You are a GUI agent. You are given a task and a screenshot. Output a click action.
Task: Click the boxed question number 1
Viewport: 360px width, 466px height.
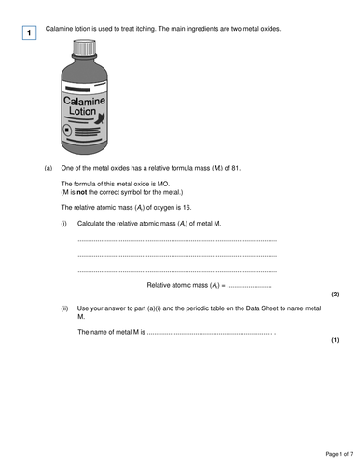pos(29,34)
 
